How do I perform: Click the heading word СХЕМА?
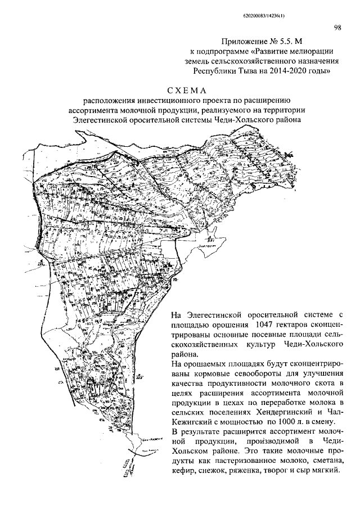click(187, 90)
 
